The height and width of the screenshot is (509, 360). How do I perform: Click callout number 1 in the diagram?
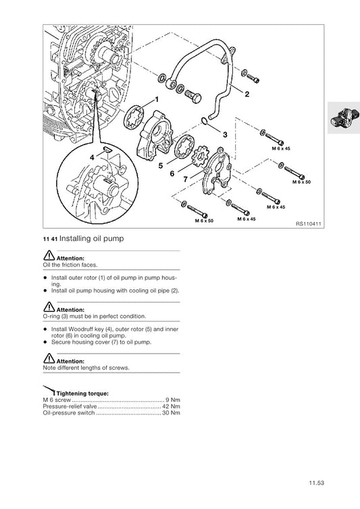click(x=157, y=99)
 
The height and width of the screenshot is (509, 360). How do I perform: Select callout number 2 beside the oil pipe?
click(x=247, y=94)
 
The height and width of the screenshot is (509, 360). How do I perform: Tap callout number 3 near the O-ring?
click(x=225, y=134)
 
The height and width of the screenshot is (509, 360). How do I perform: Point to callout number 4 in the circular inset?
click(x=93, y=157)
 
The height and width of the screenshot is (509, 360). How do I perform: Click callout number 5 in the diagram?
click(x=161, y=165)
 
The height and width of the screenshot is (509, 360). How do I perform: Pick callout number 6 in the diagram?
click(x=172, y=173)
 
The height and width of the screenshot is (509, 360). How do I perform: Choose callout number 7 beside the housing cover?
click(x=185, y=179)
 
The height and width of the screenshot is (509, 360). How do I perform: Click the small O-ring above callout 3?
click(x=205, y=121)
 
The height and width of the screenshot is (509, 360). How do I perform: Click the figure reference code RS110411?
click(x=309, y=223)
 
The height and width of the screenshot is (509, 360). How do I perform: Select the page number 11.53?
click(x=317, y=483)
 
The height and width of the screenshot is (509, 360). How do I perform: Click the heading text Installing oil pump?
click(x=92, y=238)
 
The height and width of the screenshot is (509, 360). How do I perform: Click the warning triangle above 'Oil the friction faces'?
click(x=49, y=255)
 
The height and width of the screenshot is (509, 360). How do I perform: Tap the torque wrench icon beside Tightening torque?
click(x=49, y=389)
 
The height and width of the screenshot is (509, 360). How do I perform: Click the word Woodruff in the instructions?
click(x=84, y=329)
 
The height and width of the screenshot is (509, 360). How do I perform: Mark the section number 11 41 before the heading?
click(x=50, y=240)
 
